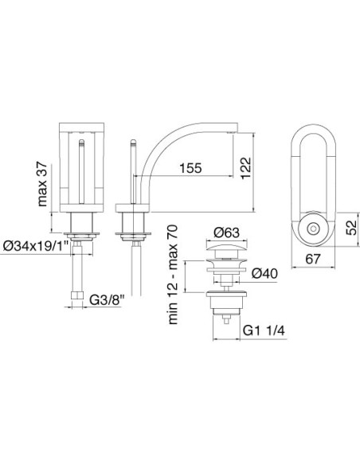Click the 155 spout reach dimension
(190, 168)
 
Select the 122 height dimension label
(246, 168)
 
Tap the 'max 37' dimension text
(42, 184)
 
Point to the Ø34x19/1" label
(36, 246)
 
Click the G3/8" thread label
(106, 300)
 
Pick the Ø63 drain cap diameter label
(226, 232)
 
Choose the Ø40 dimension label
(264, 273)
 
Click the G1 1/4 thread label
(264, 330)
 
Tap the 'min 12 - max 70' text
(173, 275)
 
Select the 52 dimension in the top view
(352, 228)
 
